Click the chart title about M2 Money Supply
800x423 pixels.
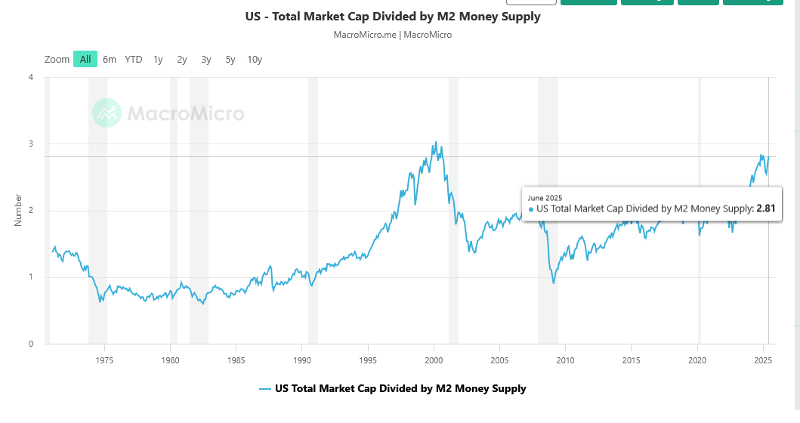point(393,17)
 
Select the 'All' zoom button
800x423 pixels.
point(85,60)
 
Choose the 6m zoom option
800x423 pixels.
point(110,60)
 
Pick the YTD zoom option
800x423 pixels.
point(134,60)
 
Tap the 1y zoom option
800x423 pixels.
point(158,60)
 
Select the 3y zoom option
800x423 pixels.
point(206,60)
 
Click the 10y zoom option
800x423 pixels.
point(255,60)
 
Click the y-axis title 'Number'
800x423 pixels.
point(18,211)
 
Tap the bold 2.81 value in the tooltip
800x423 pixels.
point(766,208)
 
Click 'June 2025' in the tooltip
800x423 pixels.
point(544,197)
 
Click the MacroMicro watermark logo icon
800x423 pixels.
point(107,113)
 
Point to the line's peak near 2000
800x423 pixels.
point(435,142)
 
